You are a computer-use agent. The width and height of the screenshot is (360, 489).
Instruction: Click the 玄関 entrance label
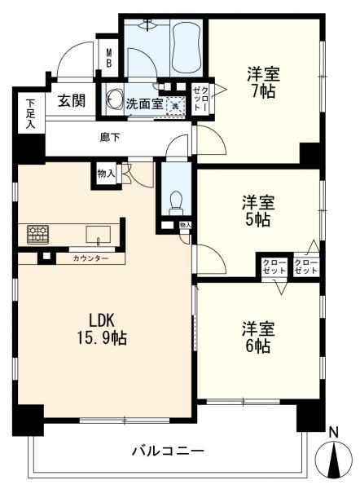[72, 101]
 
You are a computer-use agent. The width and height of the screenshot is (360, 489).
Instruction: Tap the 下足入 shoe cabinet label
[30, 114]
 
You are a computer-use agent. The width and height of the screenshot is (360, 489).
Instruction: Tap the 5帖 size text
[257, 220]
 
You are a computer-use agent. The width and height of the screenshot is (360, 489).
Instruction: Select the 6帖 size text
[257, 346]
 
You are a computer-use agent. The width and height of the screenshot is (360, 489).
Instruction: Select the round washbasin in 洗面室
[114, 101]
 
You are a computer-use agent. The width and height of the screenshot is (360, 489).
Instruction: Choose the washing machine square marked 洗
[173, 104]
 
